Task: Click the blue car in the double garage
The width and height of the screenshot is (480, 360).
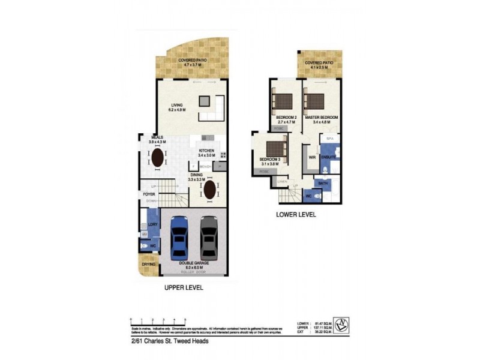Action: (180, 236)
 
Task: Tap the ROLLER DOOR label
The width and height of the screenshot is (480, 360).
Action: (193, 272)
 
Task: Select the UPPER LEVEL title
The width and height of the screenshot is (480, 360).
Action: (184, 288)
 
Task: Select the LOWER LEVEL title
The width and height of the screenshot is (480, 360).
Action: (295, 214)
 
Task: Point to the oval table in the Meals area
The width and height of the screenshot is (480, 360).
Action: (157, 158)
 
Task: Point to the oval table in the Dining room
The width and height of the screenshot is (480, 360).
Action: (209, 191)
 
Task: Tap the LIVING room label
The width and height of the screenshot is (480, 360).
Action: (176, 105)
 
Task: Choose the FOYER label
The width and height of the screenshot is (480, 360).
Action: (149, 194)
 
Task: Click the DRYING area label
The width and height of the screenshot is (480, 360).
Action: (149, 264)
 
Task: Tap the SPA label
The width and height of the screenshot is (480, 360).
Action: (329, 139)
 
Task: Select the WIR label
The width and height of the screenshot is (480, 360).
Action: (312, 157)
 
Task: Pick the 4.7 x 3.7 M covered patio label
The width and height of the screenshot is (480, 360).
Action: (193, 63)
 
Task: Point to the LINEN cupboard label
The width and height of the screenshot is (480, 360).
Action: (282, 181)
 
